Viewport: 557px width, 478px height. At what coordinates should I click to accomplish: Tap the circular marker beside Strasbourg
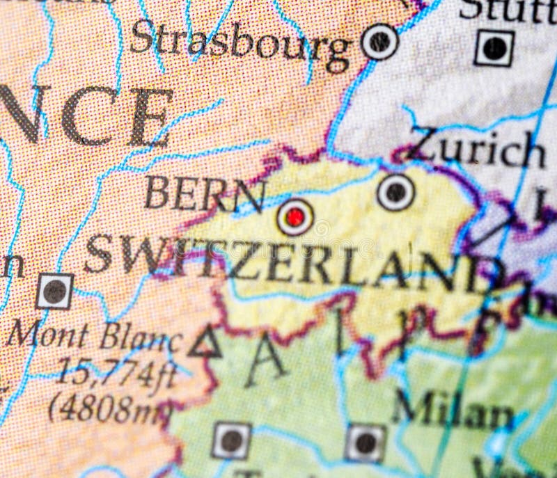[x=380, y=41]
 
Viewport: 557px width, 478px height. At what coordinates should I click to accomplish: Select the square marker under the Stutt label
[x=494, y=48]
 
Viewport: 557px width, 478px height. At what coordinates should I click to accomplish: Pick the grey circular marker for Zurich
[x=395, y=192]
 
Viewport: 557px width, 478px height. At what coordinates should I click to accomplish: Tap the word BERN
[x=205, y=194]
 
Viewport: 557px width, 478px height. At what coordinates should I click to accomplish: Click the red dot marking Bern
[x=295, y=217]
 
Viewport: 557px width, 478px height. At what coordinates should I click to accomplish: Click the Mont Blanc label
[x=94, y=337]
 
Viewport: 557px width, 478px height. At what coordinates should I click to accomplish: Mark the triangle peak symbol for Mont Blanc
[x=205, y=343]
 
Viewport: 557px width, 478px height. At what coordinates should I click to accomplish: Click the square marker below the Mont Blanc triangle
[x=231, y=440]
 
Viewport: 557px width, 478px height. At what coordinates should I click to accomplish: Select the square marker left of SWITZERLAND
[x=54, y=291]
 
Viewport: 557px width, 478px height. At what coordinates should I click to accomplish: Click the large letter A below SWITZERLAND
[x=265, y=363]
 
